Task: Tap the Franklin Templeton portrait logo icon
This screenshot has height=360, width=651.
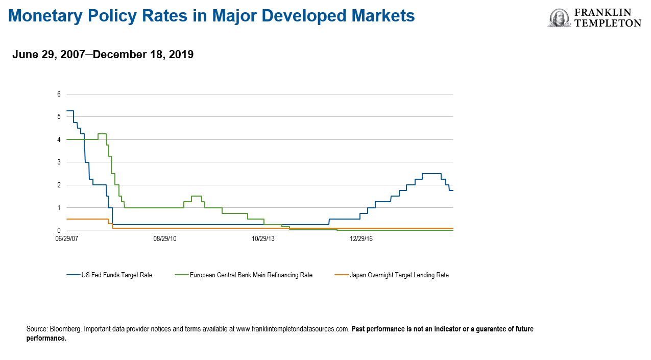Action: (x=559, y=18)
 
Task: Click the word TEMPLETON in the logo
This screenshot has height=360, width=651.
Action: (x=608, y=23)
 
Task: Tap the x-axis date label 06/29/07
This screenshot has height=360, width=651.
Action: (x=66, y=238)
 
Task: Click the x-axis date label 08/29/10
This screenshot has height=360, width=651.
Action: (x=165, y=238)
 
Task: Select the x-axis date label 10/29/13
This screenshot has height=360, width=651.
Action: (x=263, y=238)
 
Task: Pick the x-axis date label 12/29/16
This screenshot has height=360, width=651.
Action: (x=361, y=238)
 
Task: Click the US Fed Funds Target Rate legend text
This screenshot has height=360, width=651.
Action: (x=117, y=275)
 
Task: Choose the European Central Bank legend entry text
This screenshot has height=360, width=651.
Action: (x=251, y=275)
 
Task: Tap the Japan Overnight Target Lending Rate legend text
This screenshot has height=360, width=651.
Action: (x=399, y=275)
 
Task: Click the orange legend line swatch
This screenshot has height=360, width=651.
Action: (x=341, y=275)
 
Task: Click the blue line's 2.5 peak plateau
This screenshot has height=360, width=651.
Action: (x=431, y=174)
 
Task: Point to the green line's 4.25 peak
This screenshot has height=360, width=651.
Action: (x=102, y=134)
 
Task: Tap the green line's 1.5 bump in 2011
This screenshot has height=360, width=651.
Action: (x=196, y=196)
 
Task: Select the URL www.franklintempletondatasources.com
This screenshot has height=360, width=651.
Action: (x=293, y=329)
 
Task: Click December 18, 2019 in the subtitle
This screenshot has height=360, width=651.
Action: (x=143, y=54)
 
